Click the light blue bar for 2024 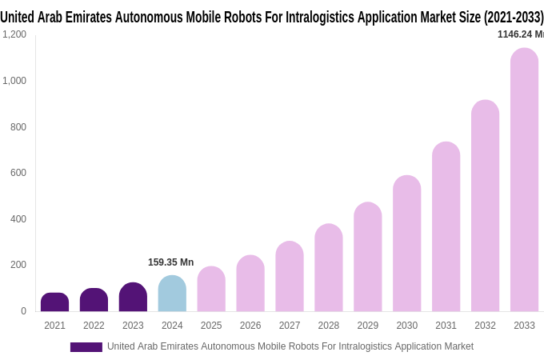pos(172,294)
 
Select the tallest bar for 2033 pos(524,180)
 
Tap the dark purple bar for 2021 pos(54,302)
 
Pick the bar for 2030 pos(406,243)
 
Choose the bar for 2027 pos(290,276)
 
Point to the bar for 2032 pos(485,206)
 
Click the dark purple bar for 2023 pos(133,298)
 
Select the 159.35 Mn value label pos(170,262)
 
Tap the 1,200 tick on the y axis pos(14,34)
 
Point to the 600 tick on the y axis pos(18,173)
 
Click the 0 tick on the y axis pos(23,311)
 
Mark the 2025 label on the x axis pos(211,326)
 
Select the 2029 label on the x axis pos(367,326)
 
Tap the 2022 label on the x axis pos(94,326)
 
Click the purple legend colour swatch pos(86,347)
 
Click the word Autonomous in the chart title pos(151,17)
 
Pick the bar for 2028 pos(329,267)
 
